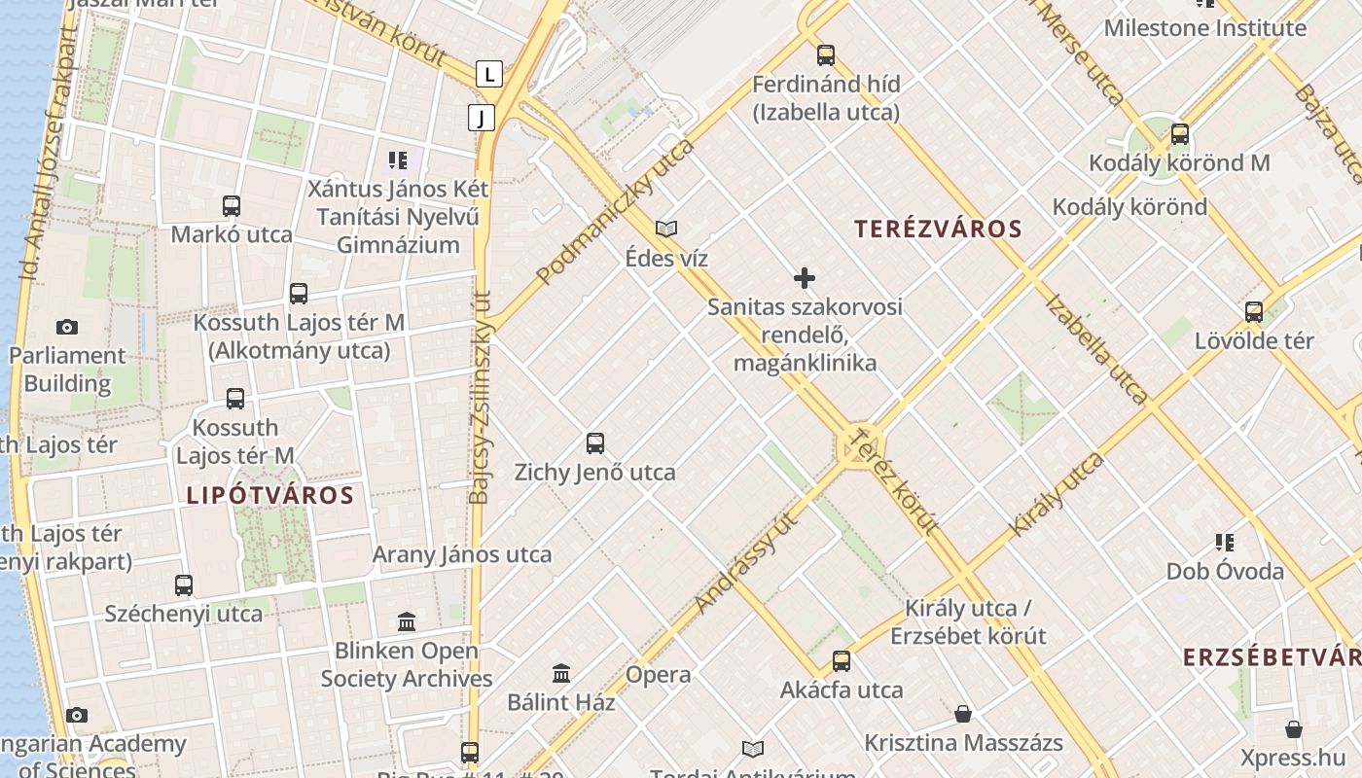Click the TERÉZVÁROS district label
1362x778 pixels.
(x=938, y=230)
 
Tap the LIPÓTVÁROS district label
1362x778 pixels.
(x=269, y=495)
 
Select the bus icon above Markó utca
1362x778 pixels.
(x=232, y=206)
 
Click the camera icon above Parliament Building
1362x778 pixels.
(x=67, y=327)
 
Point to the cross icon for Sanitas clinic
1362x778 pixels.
(x=805, y=278)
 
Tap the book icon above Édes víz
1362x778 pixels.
(x=666, y=230)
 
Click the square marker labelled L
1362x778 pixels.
(x=488, y=73)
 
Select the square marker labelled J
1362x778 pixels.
(x=481, y=118)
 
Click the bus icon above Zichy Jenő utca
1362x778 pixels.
(x=595, y=443)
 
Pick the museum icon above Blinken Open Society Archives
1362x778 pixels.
(x=407, y=621)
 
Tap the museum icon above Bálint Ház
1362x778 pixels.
(x=561, y=673)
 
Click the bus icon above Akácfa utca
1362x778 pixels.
(x=842, y=661)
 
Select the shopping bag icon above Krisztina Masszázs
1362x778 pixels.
(x=963, y=715)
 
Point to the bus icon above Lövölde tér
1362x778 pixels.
(x=1254, y=312)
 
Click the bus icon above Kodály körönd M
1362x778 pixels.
(x=1180, y=134)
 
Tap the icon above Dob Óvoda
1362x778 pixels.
(x=1225, y=542)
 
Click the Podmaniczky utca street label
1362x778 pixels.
(x=616, y=211)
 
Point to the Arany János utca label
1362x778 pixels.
(x=462, y=555)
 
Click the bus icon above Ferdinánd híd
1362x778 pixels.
(x=826, y=55)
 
